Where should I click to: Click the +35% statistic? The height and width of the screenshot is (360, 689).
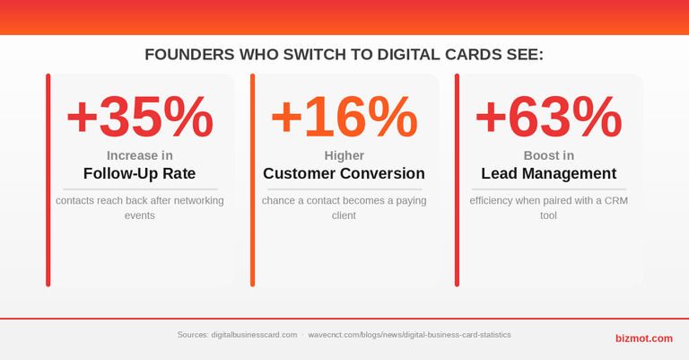(x=140, y=117)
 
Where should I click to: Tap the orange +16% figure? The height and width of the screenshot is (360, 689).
(x=344, y=117)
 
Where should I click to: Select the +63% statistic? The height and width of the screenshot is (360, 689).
(x=548, y=117)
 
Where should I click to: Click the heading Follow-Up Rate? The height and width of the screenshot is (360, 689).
(x=140, y=173)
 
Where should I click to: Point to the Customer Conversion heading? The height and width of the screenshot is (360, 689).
(x=344, y=173)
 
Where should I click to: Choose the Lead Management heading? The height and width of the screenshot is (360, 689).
(x=549, y=173)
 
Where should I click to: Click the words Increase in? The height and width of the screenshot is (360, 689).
(x=140, y=155)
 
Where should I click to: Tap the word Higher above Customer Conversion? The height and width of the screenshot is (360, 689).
(x=344, y=155)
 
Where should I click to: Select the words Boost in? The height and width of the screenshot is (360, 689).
(x=549, y=155)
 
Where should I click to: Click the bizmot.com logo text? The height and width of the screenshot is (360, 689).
(x=644, y=338)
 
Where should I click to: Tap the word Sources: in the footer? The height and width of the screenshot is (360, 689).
(x=193, y=335)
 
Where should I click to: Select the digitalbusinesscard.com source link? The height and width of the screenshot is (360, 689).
(x=254, y=335)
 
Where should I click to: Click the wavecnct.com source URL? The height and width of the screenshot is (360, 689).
(x=409, y=335)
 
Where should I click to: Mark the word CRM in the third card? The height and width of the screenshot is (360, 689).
(x=616, y=200)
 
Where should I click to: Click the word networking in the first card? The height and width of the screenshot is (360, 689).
(x=198, y=201)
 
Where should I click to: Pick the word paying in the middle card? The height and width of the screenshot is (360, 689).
(x=411, y=201)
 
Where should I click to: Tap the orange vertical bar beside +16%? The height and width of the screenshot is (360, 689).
(x=253, y=180)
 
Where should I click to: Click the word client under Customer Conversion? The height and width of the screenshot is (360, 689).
(x=344, y=215)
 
